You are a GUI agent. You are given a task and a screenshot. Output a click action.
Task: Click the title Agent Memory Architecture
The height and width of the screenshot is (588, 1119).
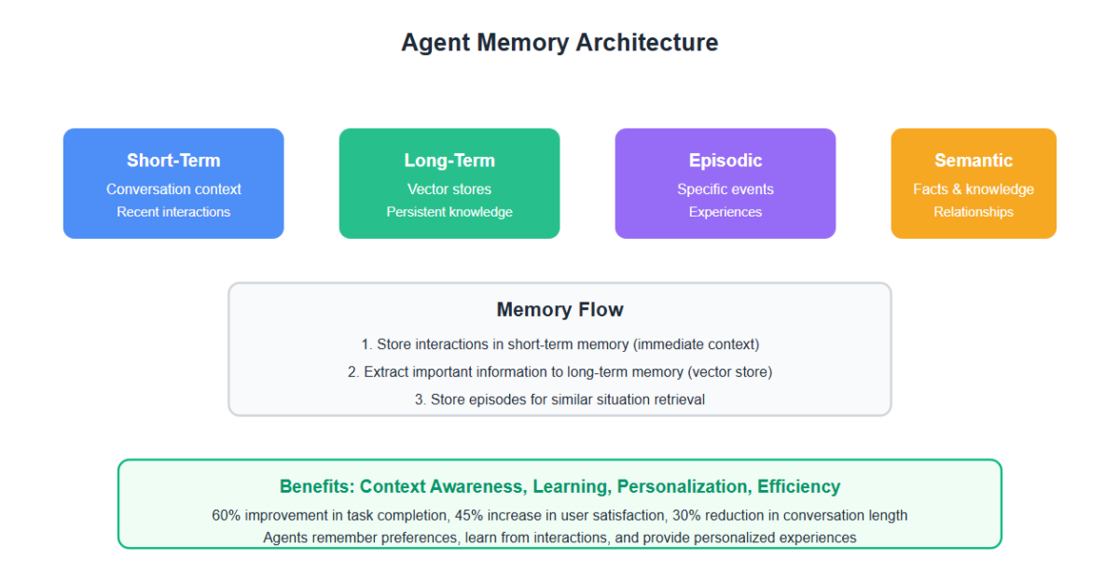click(x=559, y=43)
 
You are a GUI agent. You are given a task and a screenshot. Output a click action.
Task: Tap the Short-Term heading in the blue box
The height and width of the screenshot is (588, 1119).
click(x=173, y=161)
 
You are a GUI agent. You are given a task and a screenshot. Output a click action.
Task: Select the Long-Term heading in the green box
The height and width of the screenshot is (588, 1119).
click(x=449, y=161)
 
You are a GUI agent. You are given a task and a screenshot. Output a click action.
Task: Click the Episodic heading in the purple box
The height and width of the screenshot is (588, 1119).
click(x=725, y=161)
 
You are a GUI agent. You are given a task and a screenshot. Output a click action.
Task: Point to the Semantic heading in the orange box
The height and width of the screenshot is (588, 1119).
click(x=974, y=161)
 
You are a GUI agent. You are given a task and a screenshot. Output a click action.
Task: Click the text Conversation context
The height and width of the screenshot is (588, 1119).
click(x=173, y=189)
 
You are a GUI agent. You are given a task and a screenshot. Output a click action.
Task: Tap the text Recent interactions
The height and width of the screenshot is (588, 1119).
click(x=173, y=212)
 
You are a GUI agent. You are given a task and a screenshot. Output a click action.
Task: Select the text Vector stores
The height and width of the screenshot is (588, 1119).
click(x=449, y=189)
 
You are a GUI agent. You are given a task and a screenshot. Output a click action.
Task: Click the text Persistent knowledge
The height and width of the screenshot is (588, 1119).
click(x=449, y=212)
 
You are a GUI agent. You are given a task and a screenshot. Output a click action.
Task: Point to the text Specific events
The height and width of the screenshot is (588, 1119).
click(x=725, y=189)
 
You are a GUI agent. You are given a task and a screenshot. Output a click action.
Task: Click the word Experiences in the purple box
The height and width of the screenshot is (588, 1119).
click(x=725, y=212)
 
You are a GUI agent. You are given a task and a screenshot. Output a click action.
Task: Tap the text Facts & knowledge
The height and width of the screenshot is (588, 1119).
click(x=974, y=189)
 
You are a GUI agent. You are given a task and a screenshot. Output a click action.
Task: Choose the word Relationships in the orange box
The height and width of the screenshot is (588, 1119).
click(x=974, y=212)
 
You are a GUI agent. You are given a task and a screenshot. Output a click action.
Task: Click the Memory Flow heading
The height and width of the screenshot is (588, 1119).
click(x=559, y=310)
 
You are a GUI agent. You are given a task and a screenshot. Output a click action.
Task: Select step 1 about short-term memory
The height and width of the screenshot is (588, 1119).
click(x=559, y=344)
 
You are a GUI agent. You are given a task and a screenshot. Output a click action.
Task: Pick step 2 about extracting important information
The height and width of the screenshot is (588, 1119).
click(x=559, y=372)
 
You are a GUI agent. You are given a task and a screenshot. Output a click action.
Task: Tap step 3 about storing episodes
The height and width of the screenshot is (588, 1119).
click(x=559, y=399)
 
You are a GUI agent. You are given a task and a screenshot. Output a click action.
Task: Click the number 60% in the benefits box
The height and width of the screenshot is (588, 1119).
click(x=227, y=515)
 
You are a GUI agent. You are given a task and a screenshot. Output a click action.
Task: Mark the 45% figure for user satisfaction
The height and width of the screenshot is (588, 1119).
click(x=468, y=515)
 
